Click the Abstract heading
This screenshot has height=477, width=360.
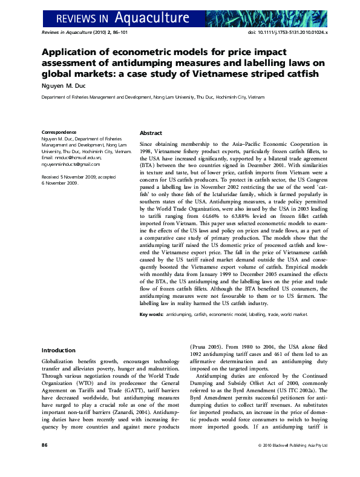(x=151, y=133)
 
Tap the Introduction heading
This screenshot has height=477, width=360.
(x=58, y=350)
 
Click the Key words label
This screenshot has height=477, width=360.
(x=151, y=315)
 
